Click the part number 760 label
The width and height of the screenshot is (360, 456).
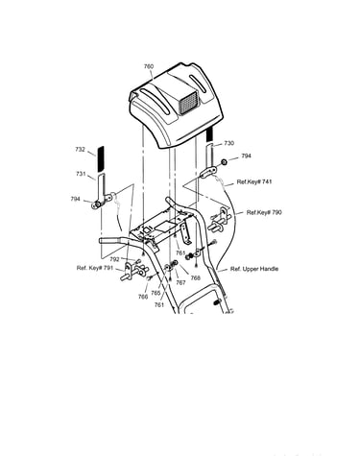coord(149,66)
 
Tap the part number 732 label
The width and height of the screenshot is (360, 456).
coord(80,149)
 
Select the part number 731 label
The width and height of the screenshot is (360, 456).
coord(81,174)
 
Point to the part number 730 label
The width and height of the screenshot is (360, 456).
coord(228,143)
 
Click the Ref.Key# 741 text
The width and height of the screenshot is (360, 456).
coord(254,181)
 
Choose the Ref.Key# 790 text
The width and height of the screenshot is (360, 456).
coord(264,212)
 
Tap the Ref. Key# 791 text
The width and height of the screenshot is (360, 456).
coord(95,268)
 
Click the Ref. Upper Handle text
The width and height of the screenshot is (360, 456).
coord(254,269)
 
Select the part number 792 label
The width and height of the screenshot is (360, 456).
coord(114,259)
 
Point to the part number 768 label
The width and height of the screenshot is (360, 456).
coord(195,278)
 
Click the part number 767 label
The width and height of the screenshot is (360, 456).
coord(180,283)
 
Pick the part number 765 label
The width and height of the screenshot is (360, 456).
coord(156,293)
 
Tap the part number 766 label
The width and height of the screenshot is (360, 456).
coord(143,297)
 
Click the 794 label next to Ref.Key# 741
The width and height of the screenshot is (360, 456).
coord(246,156)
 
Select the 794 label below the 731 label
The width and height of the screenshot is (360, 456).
coord(75,199)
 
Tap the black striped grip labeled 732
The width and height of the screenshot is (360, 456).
coord(101,158)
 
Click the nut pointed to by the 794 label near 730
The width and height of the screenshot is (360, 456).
coord(225,162)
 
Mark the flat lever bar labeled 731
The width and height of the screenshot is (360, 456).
coord(101,189)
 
